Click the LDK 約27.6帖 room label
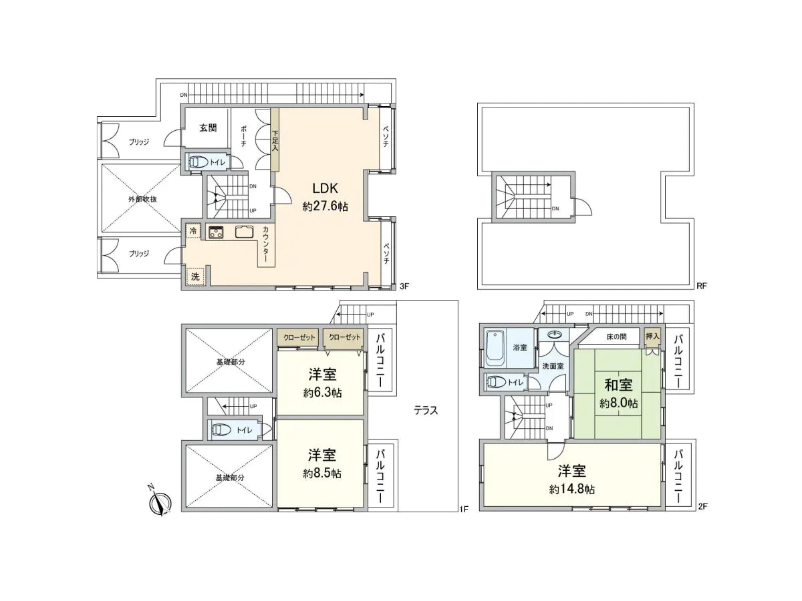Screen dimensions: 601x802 [325, 198]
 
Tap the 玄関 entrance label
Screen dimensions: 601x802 [208, 128]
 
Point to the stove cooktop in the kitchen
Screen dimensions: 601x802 [217, 233]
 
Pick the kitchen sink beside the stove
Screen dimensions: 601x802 [244, 233]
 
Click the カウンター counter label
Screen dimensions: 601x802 [265, 244]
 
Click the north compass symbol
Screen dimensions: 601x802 [160, 502]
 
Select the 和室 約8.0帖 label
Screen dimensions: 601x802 [618, 394]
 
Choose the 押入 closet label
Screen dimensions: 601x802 [651, 337]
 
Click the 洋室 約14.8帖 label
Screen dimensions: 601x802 [572, 479]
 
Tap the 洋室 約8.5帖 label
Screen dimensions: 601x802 [322, 463]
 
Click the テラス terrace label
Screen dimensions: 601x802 [425, 410]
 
